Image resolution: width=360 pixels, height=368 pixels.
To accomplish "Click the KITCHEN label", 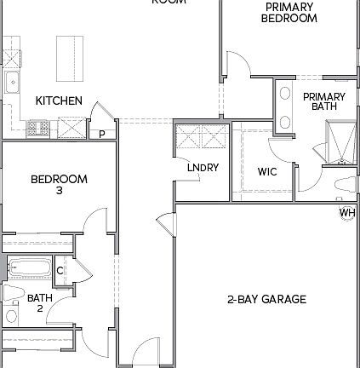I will (x=59, y=101).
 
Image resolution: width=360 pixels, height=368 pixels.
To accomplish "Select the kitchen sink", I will (x=12, y=83).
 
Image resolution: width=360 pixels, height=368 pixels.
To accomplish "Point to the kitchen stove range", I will (x=37, y=129).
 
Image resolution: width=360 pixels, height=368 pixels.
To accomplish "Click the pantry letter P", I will (x=101, y=134).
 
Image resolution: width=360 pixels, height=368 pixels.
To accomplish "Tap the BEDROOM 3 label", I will (x=59, y=184).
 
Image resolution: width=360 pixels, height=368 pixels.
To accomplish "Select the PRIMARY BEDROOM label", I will (x=289, y=12).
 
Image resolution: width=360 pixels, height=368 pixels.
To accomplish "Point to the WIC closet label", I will (x=267, y=171).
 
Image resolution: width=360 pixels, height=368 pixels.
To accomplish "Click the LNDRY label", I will (x=203, y=168).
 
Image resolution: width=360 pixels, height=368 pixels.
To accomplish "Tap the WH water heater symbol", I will (x=347, y=212).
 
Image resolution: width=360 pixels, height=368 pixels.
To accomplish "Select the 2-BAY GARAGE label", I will (x=266, y=299).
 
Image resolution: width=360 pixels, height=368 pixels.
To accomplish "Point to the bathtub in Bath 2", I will (x=30, y=270).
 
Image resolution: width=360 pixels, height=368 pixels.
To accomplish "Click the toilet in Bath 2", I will (x=10, y=293).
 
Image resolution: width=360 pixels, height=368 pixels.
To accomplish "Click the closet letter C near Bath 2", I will (x=60, y=271).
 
